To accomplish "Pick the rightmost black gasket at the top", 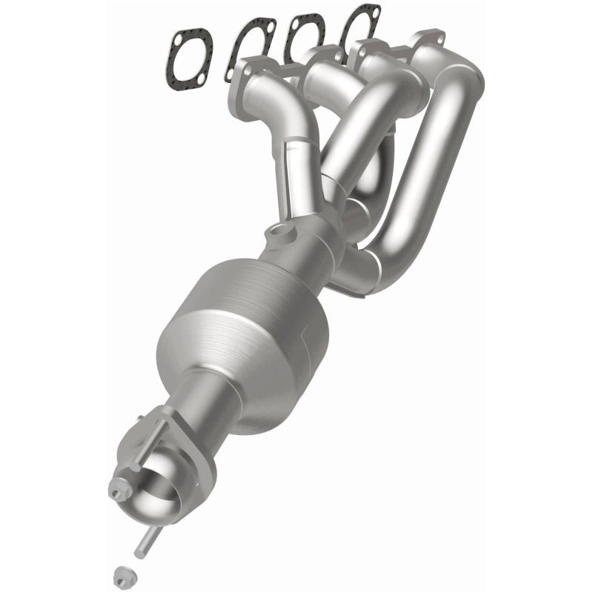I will [x=360, y=30].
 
